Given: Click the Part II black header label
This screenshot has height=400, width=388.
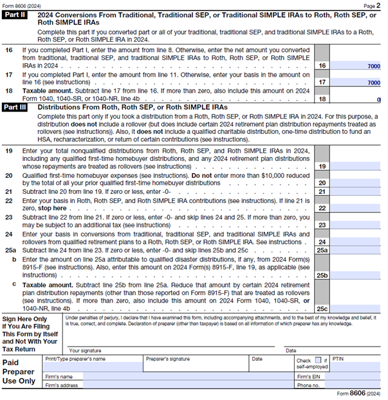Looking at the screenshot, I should pyautogui.click(x=16, y=14).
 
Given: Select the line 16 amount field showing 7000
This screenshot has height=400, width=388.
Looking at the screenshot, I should pyautogui.click(x=356, y=66).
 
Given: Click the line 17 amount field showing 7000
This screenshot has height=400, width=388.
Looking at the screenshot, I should pyautogui.click(x=356, y=82).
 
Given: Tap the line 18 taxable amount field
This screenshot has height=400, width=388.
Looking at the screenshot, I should pyautogui.click(x=356, y=99).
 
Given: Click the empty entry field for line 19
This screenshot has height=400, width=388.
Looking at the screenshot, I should pyautogui.click(x=356, y=166).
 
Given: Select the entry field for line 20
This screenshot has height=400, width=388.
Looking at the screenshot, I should pyautogui.click(x=356, y=183).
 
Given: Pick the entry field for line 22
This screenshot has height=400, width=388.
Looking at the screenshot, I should pyautogui.click(x=356, y=208).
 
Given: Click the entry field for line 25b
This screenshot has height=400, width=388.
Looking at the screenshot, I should pyautogui.click(x=356, y=274).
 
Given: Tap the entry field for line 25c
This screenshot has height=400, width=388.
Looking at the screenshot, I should pyautogui.click(x=356, y=308).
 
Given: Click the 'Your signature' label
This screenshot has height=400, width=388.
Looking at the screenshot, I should pyautogui.click(x=87, y=350).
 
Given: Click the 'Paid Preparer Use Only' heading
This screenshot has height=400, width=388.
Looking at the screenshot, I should pyautogui.click(x=21, y=372).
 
